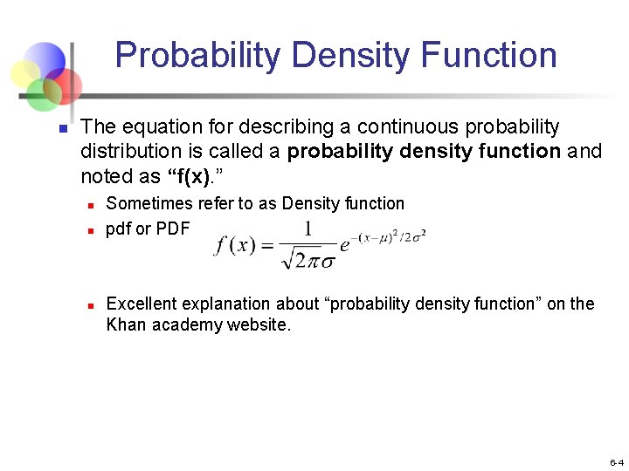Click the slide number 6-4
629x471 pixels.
coord(616,462)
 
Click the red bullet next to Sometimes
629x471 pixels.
coord(90,206)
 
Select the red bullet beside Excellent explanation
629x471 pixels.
coord(90,306)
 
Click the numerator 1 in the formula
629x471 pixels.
coord(308,229)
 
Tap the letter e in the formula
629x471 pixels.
coord(345,245)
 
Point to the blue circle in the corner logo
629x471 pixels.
coord(45,60)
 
